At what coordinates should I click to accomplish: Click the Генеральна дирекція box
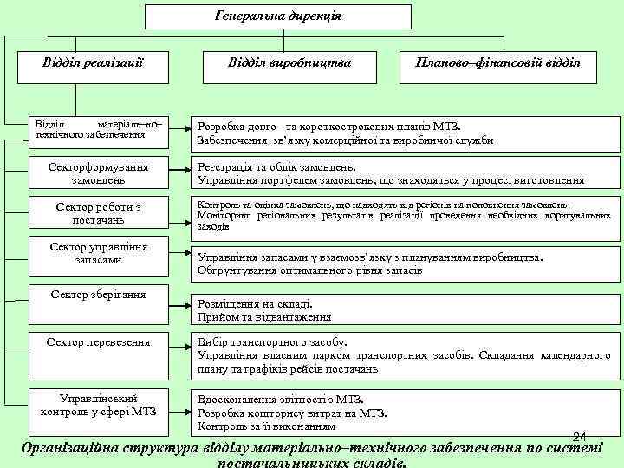pyautogui.click(x=276, y=16)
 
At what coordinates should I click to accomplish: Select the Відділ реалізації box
pyautogui.click(x=93, y=64)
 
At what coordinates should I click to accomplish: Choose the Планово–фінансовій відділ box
pyautogui.click(x=498, y=64)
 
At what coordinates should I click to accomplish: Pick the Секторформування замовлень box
pyautogui.click(x=99, y=172)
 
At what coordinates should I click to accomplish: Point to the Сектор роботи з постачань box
pyautogui.click(x=99, y=214)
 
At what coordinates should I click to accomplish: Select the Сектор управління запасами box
pyautogui.click(x=99, y=254)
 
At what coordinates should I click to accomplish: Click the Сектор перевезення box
pyautogui.click(x=99, y=343)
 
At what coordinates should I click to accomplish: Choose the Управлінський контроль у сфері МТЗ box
pyautogui.click(x=99, y=405)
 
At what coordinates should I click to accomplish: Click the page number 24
pyautogui.click(x=581, y=435)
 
